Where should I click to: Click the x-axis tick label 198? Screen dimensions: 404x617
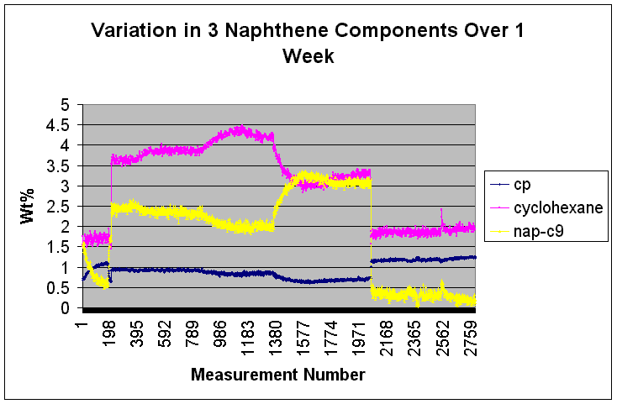coord(110,331)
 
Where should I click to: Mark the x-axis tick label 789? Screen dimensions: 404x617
coord(193,331)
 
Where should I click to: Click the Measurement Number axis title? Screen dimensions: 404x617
coord(277,375)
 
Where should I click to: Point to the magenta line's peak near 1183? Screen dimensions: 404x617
coord(240,129)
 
